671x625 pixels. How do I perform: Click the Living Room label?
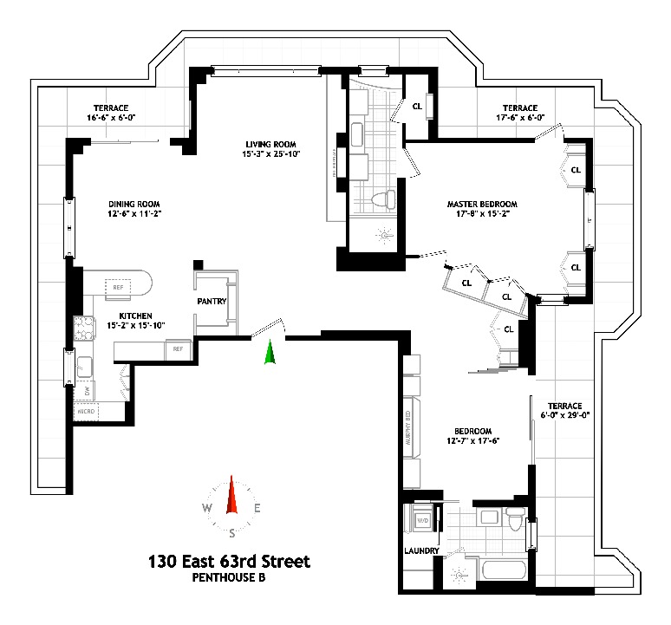(270, 144)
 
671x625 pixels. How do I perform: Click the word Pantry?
(212, 302)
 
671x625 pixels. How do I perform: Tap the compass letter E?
(257, 509)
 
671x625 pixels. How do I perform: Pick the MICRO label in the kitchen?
(87, 411)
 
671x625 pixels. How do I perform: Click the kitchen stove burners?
(85, 330)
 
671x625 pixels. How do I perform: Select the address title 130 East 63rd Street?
(228, 562)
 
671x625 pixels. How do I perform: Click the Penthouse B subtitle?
(229, 578)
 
